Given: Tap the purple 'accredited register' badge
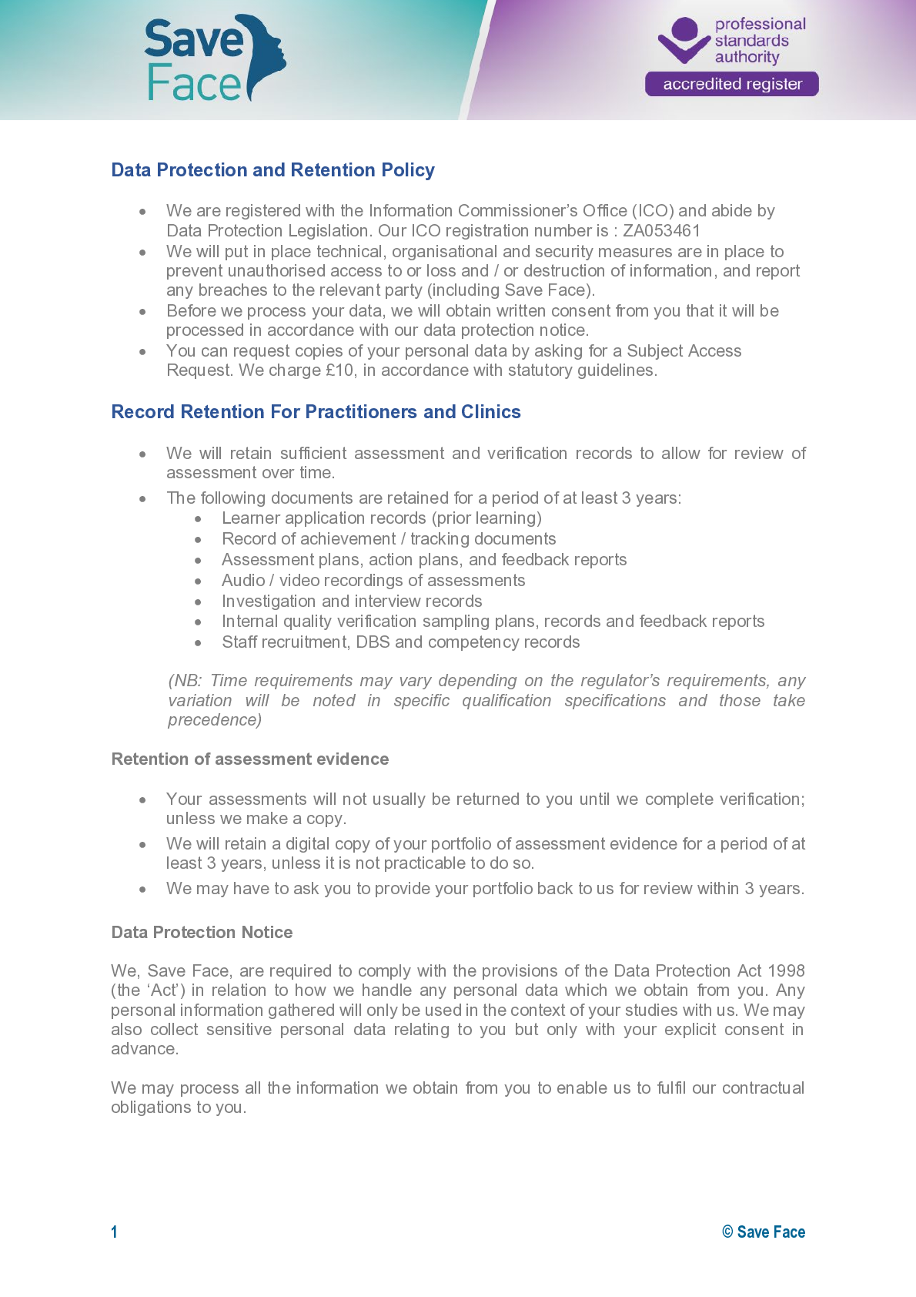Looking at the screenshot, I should click(731, 84).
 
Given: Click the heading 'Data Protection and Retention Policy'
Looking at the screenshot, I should click(272, 170).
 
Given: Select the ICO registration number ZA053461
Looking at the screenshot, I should click(661, 231).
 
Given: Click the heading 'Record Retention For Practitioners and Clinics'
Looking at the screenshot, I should click(316, 412).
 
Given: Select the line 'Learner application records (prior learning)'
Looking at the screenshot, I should click(382, 518).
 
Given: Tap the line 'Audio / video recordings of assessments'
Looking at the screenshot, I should click(373, 581).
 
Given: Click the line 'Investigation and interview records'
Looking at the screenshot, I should click(352, 602).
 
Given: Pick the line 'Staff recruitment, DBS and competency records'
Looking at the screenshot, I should click(400, 642).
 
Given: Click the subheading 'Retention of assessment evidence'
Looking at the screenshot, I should click(250, 759).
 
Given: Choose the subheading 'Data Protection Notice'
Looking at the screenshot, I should click(202, 933).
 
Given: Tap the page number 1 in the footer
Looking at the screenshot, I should click(115, 1232).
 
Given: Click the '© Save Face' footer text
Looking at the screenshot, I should click(764, 1232).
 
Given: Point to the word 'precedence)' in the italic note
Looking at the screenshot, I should click(215, 720).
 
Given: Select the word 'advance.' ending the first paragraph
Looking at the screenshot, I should click(145, 1049).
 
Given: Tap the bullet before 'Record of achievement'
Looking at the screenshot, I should click(198, 540).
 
